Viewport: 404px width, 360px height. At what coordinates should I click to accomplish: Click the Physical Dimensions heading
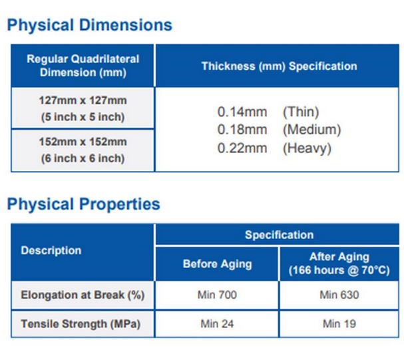pos(90,25)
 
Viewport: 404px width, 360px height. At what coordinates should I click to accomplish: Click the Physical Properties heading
pos(84,204)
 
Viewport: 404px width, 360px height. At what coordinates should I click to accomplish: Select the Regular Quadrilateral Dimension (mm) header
pos(83,66)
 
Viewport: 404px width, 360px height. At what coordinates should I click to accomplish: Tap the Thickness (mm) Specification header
pos(280,66)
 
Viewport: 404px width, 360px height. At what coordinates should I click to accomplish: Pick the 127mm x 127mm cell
pos(83,108)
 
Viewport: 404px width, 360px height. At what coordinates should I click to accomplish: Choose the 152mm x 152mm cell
pos(83,150)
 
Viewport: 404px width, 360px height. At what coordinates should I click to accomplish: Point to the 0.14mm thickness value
pos(242,112)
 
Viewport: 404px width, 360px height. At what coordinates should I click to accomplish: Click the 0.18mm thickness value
pos(242,130)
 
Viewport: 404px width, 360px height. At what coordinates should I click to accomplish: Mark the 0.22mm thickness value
pos(242,148)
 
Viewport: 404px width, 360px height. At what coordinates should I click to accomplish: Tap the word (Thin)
pos(301,112)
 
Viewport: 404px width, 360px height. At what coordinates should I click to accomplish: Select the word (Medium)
pos(311,130)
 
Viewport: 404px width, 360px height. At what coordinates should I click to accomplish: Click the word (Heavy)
pos(307,148)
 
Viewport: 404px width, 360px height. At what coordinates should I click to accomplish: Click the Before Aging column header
pos(217,264)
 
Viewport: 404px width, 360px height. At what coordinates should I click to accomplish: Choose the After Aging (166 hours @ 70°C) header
pos(339,264)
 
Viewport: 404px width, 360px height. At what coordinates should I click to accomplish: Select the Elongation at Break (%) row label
pos(83,295)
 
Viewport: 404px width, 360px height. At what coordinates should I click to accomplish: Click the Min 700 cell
pos(217,295)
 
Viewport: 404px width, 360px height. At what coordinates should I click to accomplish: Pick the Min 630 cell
pos(339,295)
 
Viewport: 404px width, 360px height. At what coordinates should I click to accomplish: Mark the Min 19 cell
pos(339,324)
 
